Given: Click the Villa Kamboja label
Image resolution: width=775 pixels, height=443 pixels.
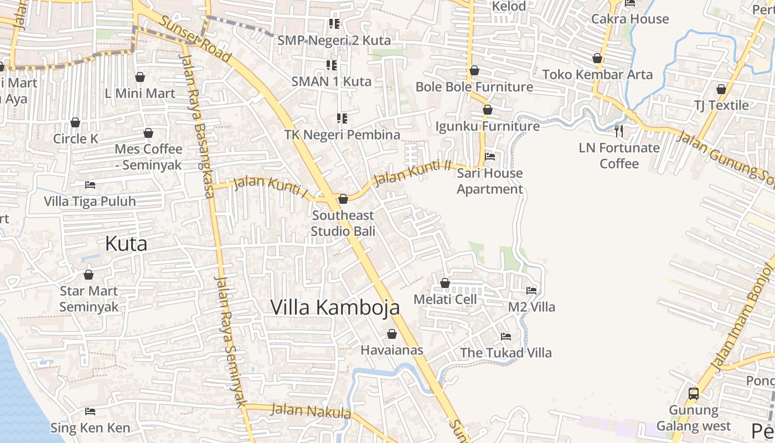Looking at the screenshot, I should pos(335,307).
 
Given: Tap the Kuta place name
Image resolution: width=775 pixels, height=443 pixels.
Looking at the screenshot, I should pos(126,244).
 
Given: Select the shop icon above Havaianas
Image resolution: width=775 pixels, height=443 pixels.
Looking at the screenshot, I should pos(392,334).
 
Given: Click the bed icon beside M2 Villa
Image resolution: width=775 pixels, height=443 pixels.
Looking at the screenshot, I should pos(531,291).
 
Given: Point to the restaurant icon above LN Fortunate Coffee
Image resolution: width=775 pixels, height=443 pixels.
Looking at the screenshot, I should pos(619,131).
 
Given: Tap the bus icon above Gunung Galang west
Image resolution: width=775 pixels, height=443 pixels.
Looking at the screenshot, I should pos(694,394).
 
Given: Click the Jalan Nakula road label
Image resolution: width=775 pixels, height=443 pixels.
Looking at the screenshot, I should pos(311,411).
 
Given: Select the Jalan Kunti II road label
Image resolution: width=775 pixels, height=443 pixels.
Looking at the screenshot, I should pos(412,173).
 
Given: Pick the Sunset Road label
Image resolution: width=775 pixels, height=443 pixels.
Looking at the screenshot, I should pos(195,38).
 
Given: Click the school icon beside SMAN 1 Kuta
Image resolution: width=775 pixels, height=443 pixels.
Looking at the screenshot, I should pos(332,65).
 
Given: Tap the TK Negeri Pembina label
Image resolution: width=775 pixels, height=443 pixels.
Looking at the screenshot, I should pos(342,135).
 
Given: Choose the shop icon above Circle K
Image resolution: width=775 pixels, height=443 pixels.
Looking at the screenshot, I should pos(75,122).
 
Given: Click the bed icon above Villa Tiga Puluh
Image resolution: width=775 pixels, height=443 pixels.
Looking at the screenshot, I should pos(90,184).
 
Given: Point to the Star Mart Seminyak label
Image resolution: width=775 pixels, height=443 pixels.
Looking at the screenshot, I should pos(89,299).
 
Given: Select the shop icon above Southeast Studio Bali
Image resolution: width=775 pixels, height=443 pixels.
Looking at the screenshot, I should pos(343,199).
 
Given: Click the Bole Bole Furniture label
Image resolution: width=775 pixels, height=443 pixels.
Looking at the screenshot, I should pos(474,87).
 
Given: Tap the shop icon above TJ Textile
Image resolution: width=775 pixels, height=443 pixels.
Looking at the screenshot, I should pos(721,89).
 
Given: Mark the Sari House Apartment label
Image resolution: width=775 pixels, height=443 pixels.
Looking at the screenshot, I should pos(490,181).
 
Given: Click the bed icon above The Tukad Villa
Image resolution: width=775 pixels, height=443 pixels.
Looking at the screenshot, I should pos(506,336).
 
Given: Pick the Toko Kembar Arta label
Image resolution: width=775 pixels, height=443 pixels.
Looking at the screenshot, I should pos(597,74).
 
